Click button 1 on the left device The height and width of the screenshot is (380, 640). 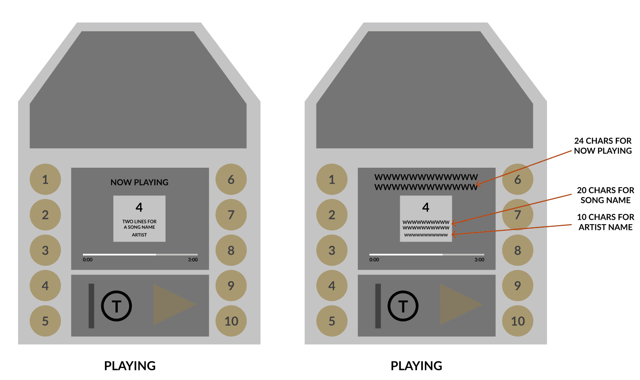click(45, 180)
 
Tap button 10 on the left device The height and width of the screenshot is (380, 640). click(231, 321)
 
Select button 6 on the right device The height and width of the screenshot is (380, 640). click(518, 180)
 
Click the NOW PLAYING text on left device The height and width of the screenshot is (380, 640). click(139, 182)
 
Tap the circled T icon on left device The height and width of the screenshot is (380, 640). click(116, 306)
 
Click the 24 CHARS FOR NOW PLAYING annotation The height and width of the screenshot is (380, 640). click(603, 146)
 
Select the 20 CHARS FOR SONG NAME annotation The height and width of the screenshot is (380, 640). click(606, 195)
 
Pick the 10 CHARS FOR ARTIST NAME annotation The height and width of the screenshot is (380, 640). click(606, 222)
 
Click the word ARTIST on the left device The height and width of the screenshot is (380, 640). click(139, 235)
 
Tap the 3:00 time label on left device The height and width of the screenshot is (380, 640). click(193, 260)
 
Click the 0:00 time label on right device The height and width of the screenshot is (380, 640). click(374, 260)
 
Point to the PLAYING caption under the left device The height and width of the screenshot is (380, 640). click(130, 366)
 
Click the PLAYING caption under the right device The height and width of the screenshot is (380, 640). click(416, 366)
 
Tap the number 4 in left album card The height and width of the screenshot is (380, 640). click(139, 207)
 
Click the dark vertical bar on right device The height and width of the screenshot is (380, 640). click(378, 306)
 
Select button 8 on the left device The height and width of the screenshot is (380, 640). click(231, 250)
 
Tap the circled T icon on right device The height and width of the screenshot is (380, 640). click(403, 306)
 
